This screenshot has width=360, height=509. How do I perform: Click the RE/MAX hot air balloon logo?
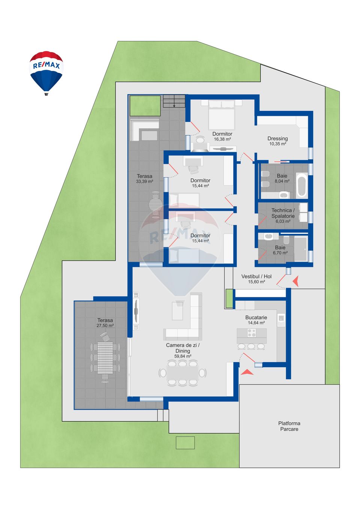[x=46, y=72]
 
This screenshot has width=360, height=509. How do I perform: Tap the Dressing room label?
[x=277, y=139]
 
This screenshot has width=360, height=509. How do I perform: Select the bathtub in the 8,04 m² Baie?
[x=301, y=185]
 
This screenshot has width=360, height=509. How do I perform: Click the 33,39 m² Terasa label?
[x=144, y=176]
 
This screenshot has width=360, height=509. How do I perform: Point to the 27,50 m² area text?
[x=105, y=326]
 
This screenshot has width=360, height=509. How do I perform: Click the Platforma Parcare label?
[x=289, y=426]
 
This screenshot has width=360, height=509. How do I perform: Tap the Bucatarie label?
[x=256, y=317]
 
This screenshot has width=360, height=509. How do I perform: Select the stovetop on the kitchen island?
[x=252, y=332]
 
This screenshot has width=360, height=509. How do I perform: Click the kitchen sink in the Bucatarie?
[x=281, y=319]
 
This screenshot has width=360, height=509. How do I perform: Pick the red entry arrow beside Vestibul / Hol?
[x=296, y=281]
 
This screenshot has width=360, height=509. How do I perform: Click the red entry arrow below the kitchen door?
[x=247, y=372]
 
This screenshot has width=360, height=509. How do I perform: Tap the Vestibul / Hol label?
[x=256, y=277]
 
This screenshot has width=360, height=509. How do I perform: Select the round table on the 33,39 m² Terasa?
[x=156, y=205]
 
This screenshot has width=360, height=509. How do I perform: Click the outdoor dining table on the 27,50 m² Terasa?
[x=105, y=358]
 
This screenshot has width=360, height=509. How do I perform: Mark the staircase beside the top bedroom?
[x=174, y=101]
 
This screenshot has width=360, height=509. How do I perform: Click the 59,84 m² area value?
[x=183, y=356]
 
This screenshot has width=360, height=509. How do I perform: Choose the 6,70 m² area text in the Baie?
[x=280, y=253]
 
